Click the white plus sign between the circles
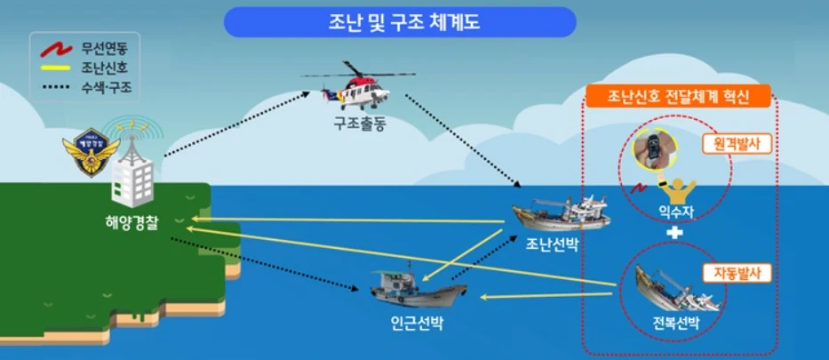pos(677,233)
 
